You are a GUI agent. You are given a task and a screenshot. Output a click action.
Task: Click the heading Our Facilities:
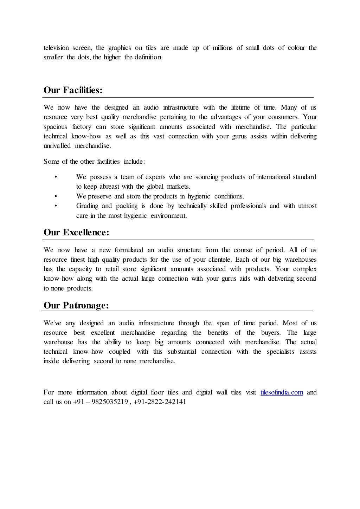click(73, 90)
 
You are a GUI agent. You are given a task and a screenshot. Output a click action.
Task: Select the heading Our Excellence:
click(76, 233)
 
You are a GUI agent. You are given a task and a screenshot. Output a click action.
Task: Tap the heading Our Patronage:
click(76, 305)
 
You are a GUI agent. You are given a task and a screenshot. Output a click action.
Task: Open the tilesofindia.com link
click(282, 392)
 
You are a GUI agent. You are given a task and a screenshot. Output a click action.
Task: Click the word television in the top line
click(56, 48)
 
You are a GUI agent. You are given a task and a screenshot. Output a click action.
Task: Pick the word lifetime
click(240, 107)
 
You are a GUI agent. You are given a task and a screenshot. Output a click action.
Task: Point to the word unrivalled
click(57, 146)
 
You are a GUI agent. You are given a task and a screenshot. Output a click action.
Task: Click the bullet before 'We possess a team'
click(56, 177)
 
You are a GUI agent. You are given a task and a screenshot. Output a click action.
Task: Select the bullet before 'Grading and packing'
click(56, 206)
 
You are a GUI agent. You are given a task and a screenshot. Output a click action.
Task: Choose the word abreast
click(111, 187)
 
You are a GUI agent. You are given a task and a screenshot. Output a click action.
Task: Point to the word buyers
click(270, 333)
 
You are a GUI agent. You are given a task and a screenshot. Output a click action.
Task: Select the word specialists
click(280, 352)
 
